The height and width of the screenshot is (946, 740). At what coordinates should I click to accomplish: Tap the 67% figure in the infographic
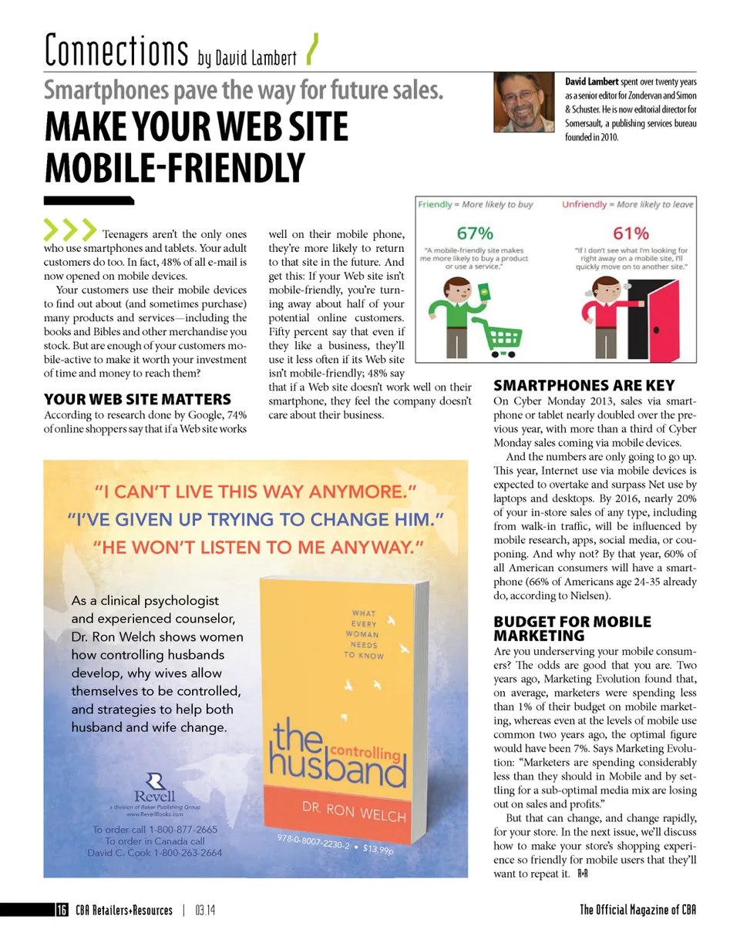[x=476, y=232]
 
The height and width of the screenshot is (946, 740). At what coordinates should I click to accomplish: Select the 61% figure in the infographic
[x=631, y=232]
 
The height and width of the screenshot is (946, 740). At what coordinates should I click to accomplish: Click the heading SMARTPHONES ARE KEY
[x=584, y=385]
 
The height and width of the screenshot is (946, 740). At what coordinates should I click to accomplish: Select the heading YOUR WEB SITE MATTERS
[x=137, y=399]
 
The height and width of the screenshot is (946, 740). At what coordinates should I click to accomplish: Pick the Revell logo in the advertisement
[x=155, y=785]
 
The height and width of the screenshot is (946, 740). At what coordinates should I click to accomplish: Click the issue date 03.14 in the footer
[x=204, y=910]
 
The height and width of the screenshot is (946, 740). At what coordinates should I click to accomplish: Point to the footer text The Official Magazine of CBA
[x=638, y=910]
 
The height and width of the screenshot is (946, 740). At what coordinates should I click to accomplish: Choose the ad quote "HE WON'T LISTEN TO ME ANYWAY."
[x=258, y=548]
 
